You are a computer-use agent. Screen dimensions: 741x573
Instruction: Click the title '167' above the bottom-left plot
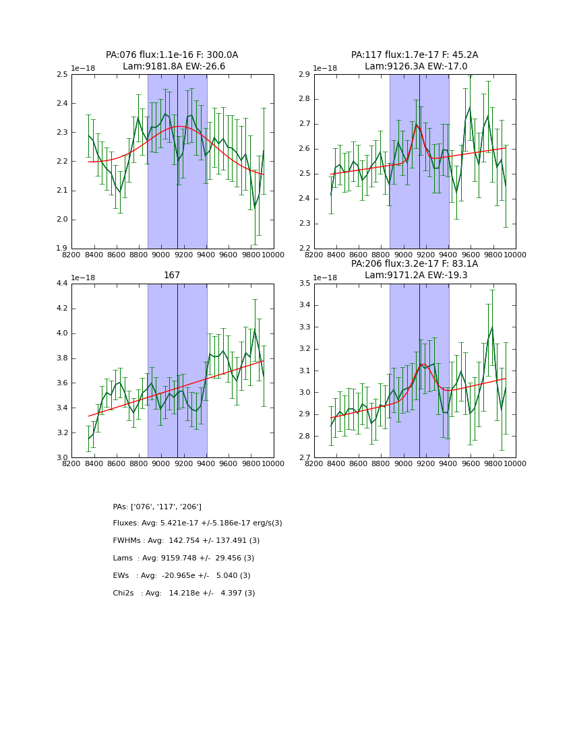172,276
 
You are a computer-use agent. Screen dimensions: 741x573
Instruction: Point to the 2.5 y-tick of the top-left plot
61,75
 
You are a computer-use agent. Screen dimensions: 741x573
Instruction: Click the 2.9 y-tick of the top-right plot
304,75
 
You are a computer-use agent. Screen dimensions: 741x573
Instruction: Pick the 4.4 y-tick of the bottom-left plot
61,284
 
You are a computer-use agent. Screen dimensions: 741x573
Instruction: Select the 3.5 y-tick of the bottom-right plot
304,284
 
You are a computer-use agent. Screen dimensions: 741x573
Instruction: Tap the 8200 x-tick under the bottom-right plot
314,464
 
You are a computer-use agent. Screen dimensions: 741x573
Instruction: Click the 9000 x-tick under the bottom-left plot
161,464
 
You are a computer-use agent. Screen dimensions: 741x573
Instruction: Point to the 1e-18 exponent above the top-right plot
326,69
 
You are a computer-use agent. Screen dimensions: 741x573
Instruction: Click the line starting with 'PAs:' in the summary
157,507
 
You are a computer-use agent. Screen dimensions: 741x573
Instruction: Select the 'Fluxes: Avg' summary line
198,523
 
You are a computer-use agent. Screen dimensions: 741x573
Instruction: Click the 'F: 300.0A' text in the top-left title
216,55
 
